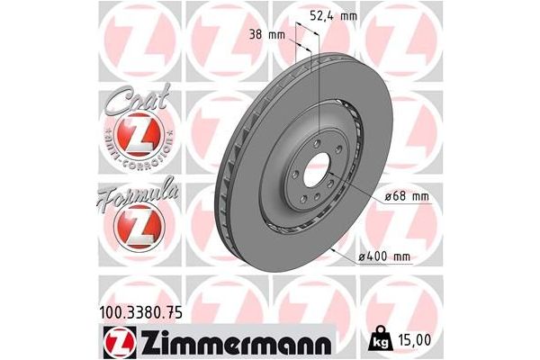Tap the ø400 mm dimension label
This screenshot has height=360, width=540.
coord(384,257)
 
